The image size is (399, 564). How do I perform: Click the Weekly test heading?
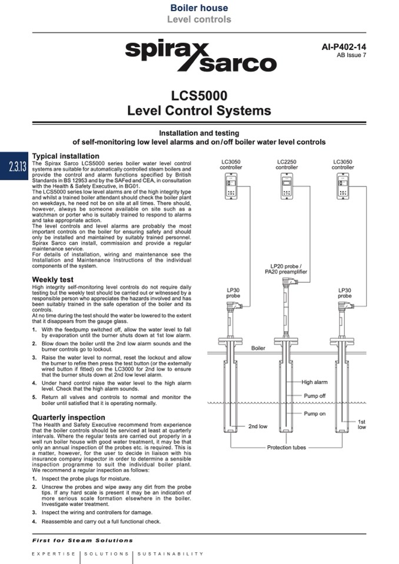53,279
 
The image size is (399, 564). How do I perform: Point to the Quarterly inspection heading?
69,418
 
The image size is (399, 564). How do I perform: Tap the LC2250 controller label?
287,164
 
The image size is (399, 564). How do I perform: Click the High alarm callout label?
315,382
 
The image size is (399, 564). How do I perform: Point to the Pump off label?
314,396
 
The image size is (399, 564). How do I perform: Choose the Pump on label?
314,414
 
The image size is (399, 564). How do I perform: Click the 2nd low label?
257,426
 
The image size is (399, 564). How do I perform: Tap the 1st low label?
361,424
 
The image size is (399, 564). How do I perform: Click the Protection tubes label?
287,448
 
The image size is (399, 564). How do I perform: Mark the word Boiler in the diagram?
258,348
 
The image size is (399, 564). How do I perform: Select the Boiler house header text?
199,8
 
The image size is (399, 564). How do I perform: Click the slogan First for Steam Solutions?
82,540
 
